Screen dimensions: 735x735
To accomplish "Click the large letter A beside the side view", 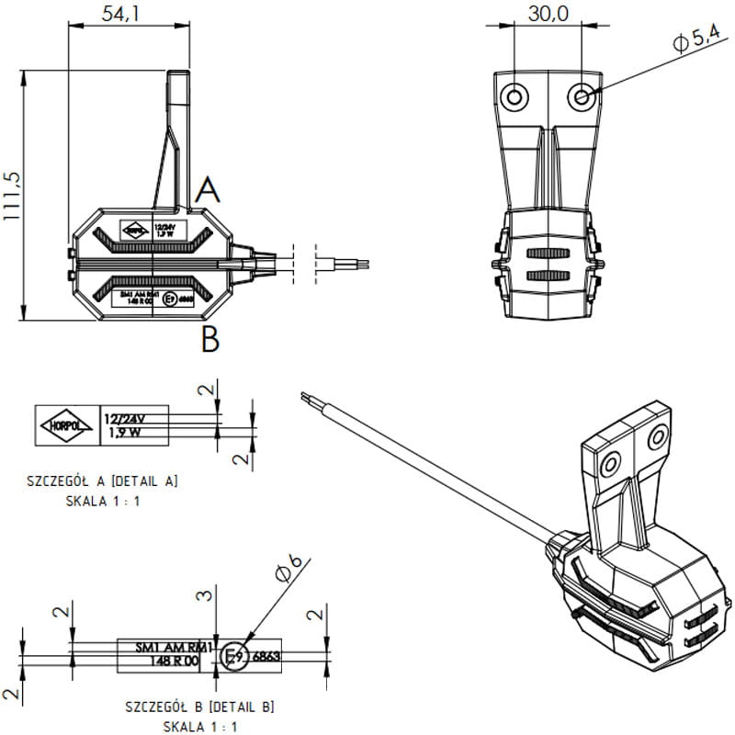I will click(x=209, y=190).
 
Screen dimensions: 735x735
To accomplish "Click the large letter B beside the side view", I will click(x=210, y=340).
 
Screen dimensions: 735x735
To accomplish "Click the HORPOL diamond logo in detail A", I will click(x=67, y=425).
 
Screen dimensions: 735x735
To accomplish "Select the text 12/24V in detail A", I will click(x=124, y=419).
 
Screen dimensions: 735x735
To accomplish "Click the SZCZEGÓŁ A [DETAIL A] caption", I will click(x=102, y=481).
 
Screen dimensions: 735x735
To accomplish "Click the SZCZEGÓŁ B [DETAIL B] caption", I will click(x=199, y=707).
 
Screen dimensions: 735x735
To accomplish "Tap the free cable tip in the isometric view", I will click(x=304, y=397).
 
